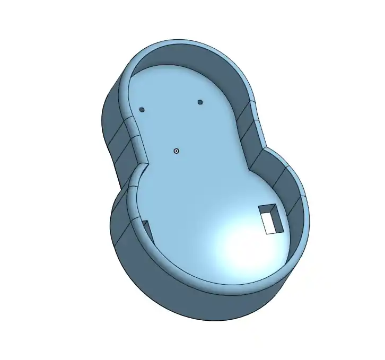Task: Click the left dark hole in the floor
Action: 142,110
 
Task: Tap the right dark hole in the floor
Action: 200,102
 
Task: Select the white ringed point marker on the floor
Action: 177,151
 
